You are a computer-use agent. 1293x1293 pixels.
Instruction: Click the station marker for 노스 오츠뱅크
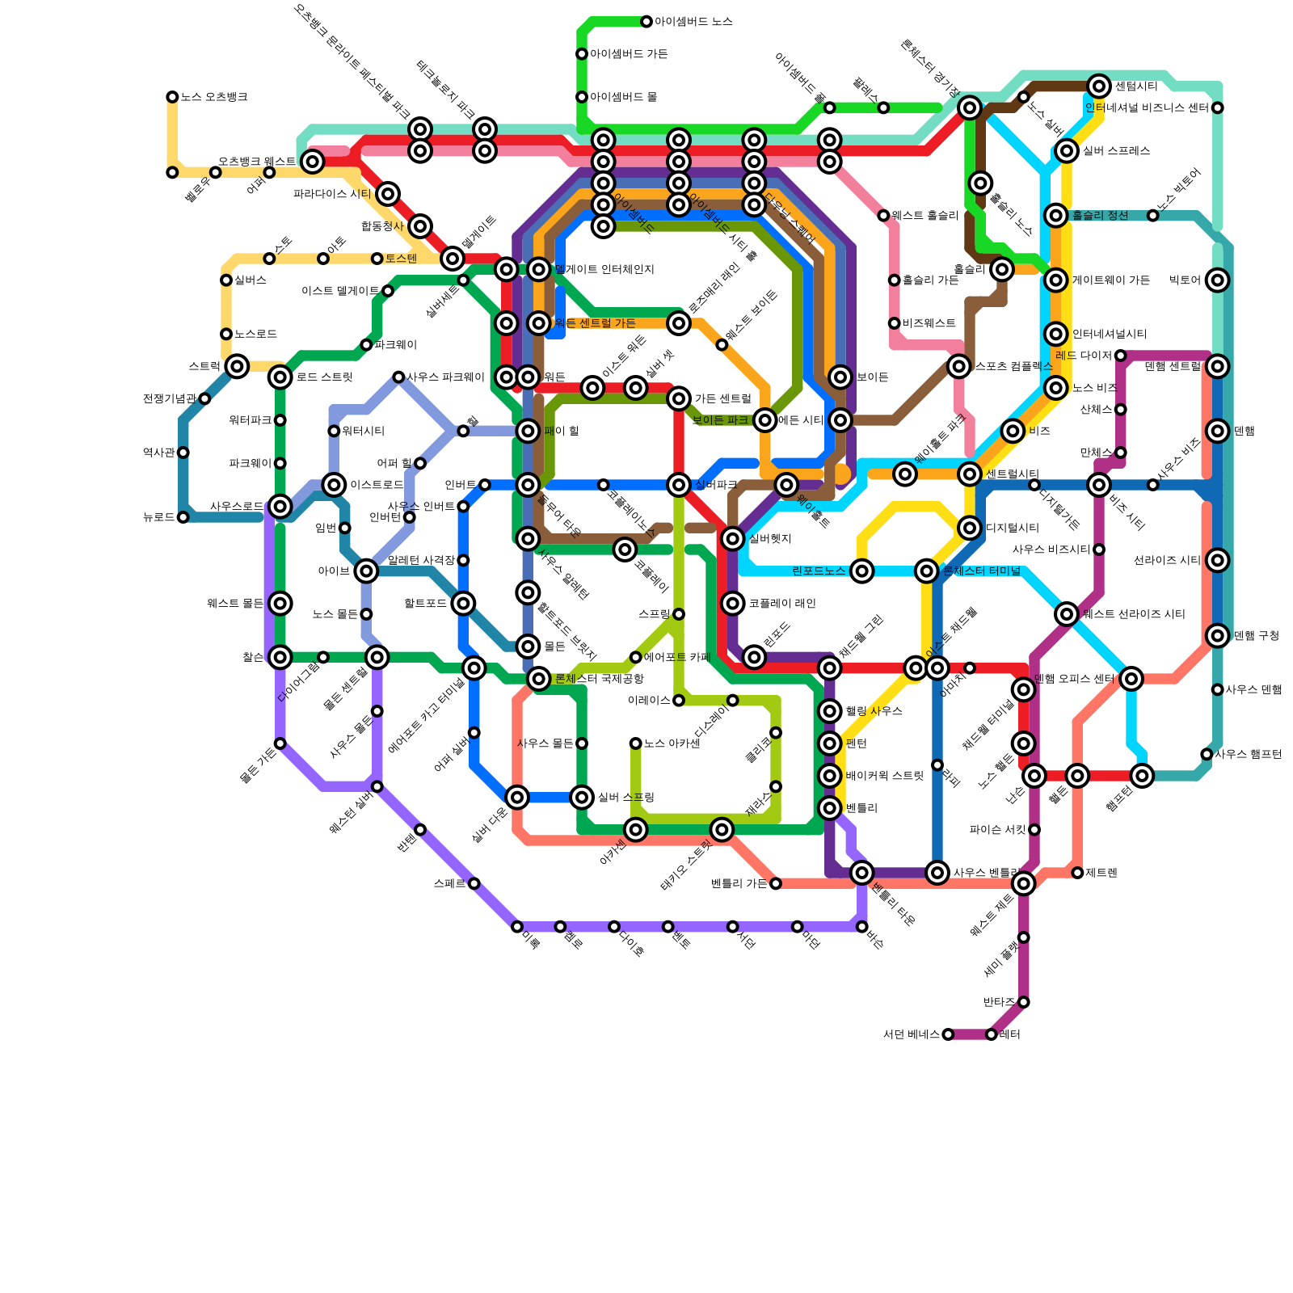(x=172, y=97)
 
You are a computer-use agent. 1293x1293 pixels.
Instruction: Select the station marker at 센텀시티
(x=1099, y=86)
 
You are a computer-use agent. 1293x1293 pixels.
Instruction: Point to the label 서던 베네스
(x=912, y=1034)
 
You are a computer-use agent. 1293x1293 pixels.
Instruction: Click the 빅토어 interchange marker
(x=1218, y=280)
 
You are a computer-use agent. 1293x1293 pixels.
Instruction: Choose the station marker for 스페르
(x=474, y=883)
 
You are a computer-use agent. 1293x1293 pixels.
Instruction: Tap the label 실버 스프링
(x=626, y=798)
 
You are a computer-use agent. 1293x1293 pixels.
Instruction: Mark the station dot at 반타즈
(x=1024, y=1002)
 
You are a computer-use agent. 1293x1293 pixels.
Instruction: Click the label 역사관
(x=159, y=453)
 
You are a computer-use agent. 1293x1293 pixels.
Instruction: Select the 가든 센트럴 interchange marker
(x=679, y=398)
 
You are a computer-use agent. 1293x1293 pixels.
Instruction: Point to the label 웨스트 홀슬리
(x=924, y=216)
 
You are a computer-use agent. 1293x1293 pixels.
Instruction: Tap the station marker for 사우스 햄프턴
(x=1207, y=754)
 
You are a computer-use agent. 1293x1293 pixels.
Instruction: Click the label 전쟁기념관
(x=170, y=398)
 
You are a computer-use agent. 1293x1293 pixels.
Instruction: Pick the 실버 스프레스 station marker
(x=1067, y=151)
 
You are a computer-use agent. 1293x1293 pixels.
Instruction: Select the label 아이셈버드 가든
(x=629, y=54)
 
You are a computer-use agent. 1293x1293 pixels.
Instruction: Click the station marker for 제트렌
(x=1077, y=873)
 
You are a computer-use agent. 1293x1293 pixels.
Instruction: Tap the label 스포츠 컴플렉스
(x=1013, y=366)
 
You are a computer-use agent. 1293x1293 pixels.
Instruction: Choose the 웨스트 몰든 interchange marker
(x=280, y=604)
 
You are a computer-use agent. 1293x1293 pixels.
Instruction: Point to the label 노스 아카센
(x=672, y=743)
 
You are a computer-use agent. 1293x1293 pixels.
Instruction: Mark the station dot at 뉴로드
(x=183, y=517)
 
